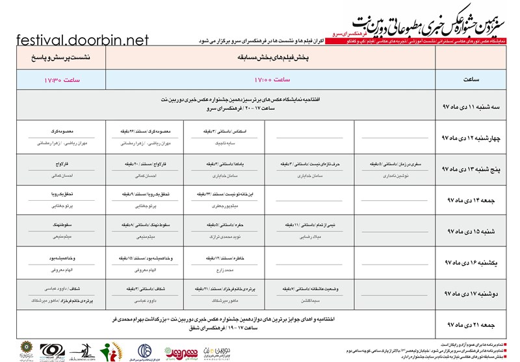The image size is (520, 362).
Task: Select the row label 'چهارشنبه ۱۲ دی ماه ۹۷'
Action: click(478, 138)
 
